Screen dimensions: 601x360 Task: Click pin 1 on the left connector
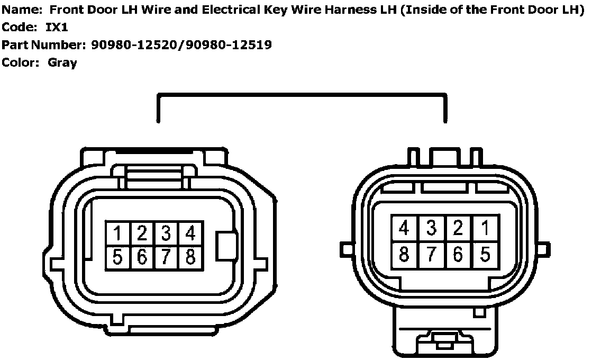(x=118, y=233)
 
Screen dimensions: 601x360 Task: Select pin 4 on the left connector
(x=190, y=233)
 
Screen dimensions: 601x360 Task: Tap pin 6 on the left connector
(x=142, y=257)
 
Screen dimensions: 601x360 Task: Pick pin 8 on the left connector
(x=190, y=257)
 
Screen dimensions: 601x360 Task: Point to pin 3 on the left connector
(x=166, y=233)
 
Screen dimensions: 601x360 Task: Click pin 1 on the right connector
(x=485, y=228)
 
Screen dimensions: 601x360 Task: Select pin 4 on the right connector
(x=404, y=228)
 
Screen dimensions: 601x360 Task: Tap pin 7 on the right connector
(x=431, y=254)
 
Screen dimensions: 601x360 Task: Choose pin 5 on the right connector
(x=485, y=254)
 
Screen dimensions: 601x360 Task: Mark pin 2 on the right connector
(x=458, y=228)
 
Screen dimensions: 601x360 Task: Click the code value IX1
(x=57, y=27)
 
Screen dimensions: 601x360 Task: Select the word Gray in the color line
(x=62, y=62)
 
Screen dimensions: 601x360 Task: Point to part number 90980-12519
(x=228, y=45)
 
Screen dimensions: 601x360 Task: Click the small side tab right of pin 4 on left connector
(x=226, y=246)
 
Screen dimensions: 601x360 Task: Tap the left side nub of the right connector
(x=347, y=247)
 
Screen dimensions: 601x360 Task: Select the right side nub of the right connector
(x=542, y=248)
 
